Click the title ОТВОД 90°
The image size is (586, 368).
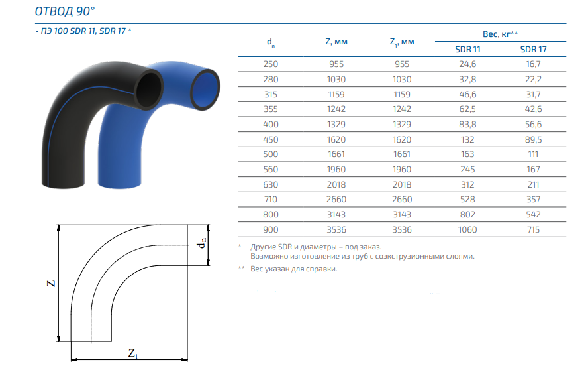pos(65,11)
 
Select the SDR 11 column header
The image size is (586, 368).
pos(467,50)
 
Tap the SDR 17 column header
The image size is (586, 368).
pos(533,50)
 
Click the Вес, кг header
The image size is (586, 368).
pos(500,34)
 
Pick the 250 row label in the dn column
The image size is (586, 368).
pos(271,64)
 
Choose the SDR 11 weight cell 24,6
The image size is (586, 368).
pos(467,64)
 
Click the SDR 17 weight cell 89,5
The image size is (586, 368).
pos(533,140)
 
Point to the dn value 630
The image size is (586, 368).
pos(271,184)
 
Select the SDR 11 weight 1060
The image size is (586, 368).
pos(467,229)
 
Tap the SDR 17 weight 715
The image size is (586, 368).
pos(533,229)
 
